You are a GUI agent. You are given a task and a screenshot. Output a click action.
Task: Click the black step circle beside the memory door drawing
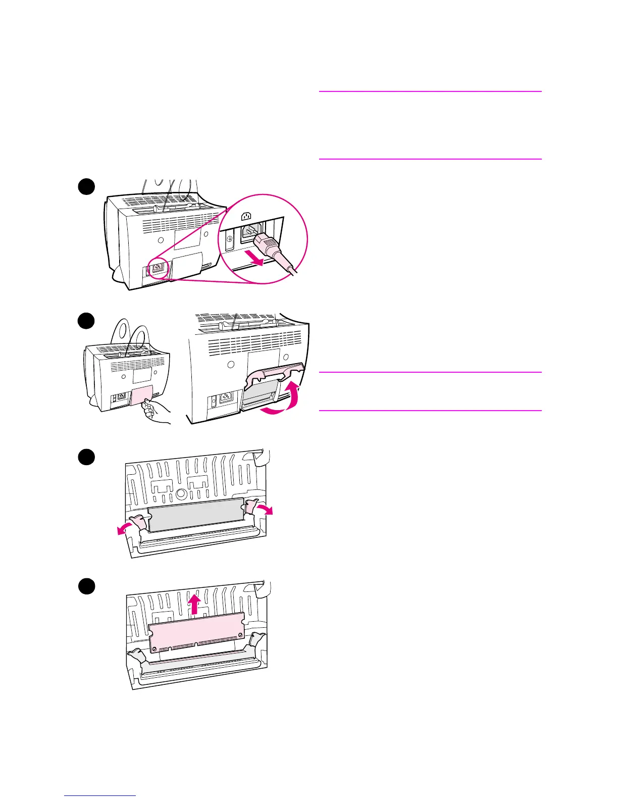(x=86, y=321)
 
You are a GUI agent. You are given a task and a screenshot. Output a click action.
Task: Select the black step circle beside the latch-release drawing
(x=86, y=457)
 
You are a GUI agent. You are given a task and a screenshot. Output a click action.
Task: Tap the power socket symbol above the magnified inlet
(x=246, y=217)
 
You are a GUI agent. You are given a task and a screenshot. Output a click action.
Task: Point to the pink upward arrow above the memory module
(x=196, y=603)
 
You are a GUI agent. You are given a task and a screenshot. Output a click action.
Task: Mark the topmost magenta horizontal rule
(x=430, y=91)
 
